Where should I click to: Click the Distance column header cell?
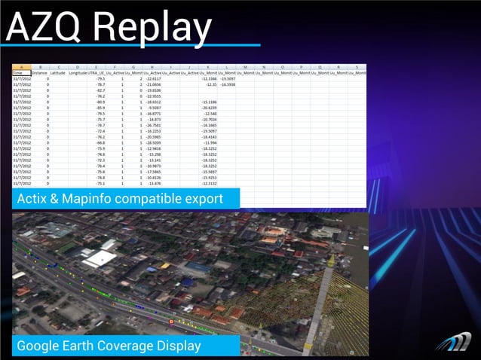pos(39,72)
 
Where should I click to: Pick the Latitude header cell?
pos(58,72)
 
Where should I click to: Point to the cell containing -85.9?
pos(100,107)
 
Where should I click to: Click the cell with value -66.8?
pos(100,142)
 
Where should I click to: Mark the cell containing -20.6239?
pos(209,107)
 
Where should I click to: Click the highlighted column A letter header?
pos(21,66)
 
